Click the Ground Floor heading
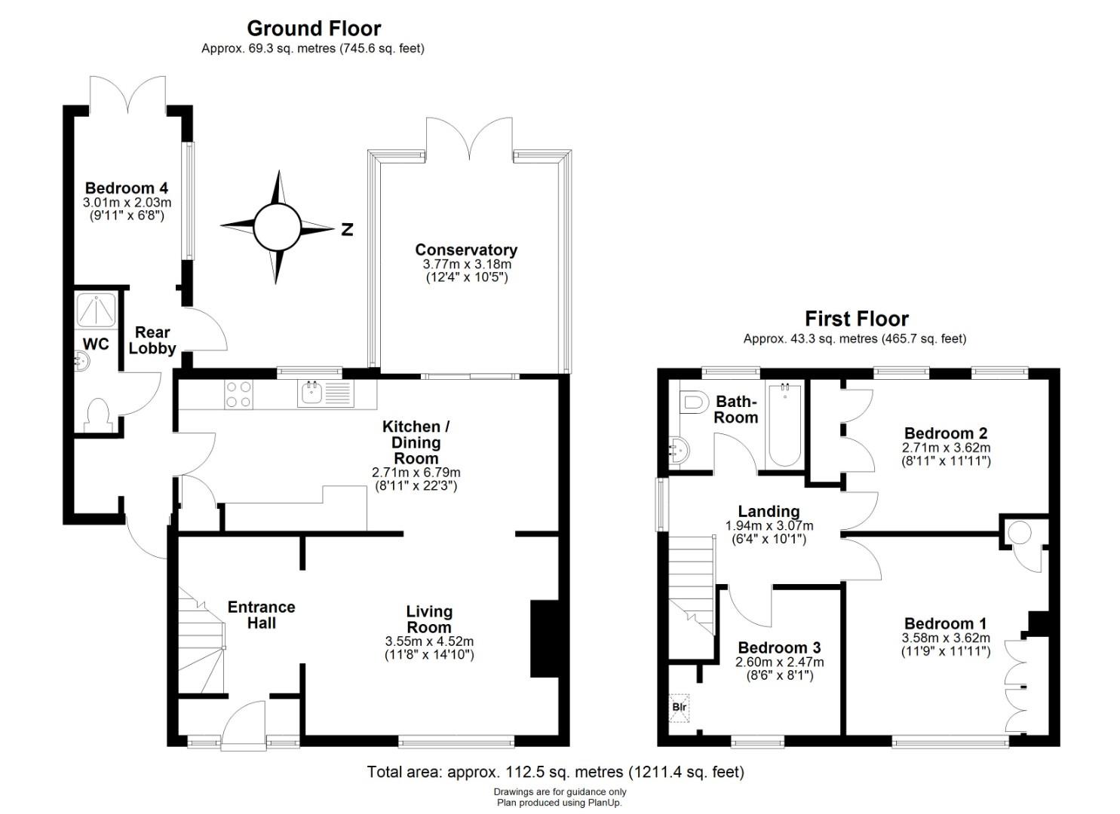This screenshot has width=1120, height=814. coord(314,29)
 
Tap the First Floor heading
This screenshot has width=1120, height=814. coord(857,319)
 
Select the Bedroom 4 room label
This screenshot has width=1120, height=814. coord(127,188)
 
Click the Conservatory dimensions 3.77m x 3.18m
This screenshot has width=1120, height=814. coord(463,264)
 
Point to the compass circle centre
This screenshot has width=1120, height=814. coord(277,228)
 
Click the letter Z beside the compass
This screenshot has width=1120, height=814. coord(347,229)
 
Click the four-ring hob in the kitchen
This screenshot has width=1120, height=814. coord(238,394)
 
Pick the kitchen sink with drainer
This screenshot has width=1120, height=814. coord(326,393)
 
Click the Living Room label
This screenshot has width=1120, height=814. coord(429,619)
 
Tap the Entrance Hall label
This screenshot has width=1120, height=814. coord(262,614)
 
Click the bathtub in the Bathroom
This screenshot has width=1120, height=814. coord(784,425)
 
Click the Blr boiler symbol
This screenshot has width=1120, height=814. coord(679,708)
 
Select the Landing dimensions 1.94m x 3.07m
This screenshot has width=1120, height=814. coord(769,525)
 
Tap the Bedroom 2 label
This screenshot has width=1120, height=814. coord(946,433)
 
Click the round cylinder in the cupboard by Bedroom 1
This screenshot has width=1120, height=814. coord(1020,533)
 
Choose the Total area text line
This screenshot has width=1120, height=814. coord(556,772)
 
